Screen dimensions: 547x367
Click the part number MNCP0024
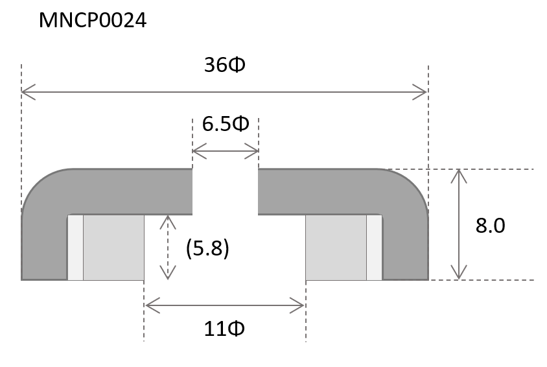(93, 20)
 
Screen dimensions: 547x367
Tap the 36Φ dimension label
(225, 65)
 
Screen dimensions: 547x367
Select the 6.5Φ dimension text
(226, 124)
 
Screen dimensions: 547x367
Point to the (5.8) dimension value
(207, 248)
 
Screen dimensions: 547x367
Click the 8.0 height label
(490, 226)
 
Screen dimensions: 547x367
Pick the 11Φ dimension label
(224, 329)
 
